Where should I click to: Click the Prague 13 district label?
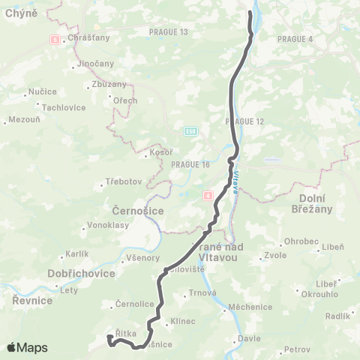click(169, 31)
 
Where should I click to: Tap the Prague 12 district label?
click(244, 121)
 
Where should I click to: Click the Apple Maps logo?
click(26, 347)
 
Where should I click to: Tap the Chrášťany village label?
click(88, 37)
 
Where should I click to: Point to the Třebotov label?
click(123, 182)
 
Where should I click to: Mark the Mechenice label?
click(250, 307)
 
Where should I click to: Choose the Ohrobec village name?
click(299, 241)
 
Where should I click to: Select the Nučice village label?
click(42, 91)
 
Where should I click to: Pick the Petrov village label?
click(297, 349)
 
